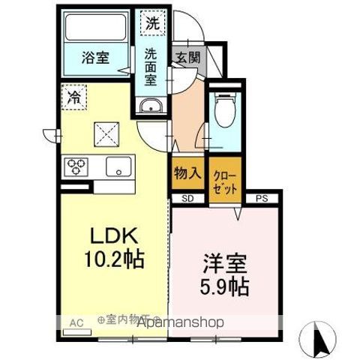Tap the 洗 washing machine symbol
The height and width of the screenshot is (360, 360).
pyautogui.click(x=152, y=23)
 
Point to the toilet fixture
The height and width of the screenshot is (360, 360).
pyautogui.click(x=223, y=112)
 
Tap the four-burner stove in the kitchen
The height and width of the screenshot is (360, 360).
pyautogui.click(x=77, y=166)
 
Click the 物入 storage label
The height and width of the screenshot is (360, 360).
pyautogui.click(x=187, y=173)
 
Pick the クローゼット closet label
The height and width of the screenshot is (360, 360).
pyautogui.click(x=225, y=182)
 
